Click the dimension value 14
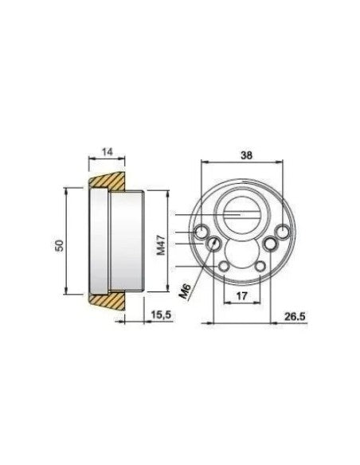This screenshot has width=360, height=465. (108, 152)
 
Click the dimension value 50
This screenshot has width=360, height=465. (61, 245)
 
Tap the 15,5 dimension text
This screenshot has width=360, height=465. (162, 315)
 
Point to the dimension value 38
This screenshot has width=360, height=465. (247, 155)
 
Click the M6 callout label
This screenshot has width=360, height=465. (186, 291)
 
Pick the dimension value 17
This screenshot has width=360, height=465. (241, 295)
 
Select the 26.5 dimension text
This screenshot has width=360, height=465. (295, 316)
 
